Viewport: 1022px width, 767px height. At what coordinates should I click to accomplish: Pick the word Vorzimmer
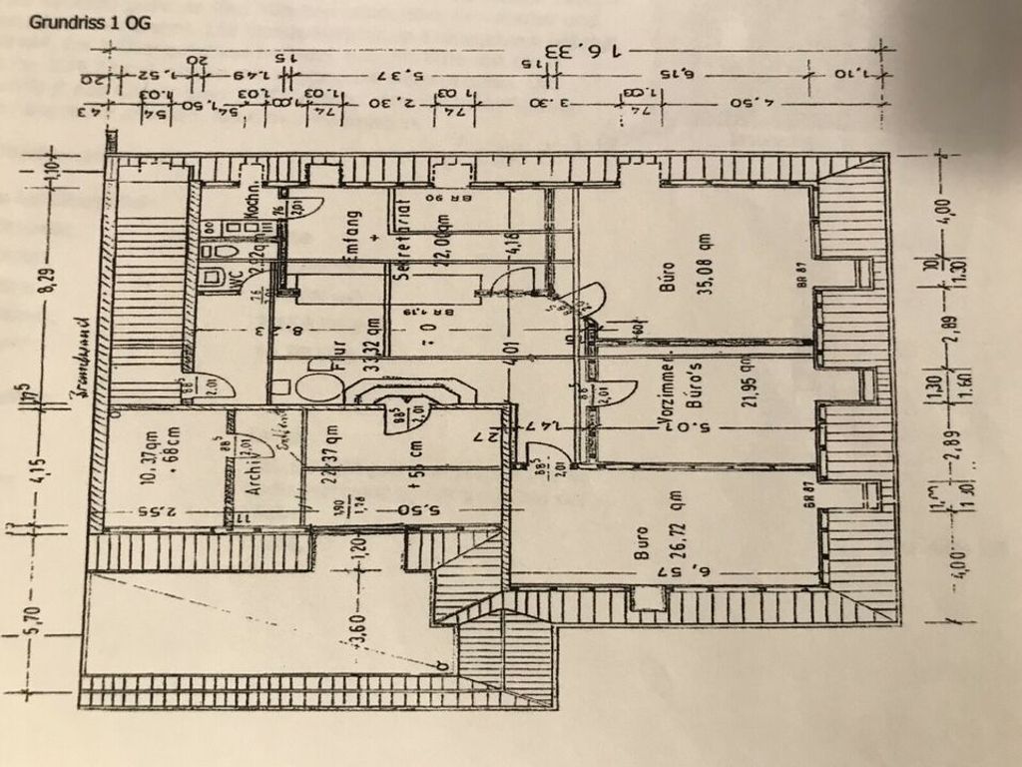[667, 391]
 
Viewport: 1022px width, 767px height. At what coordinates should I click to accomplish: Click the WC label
[235, 279]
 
